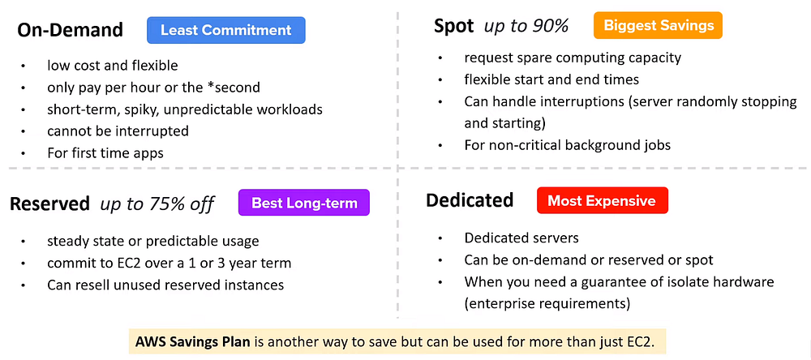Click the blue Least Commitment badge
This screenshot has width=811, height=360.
(x=225, y=30)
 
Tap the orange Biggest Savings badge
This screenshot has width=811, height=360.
(x=657, y=25)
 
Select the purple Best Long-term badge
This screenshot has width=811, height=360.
(x=304, y=203)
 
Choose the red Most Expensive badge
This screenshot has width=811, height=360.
(x=602, y=200)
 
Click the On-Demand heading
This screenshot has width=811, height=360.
(x=71, y=31)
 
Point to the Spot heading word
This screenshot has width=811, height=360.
(x=453, y=26)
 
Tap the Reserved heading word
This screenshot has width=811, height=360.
(x=49, y=204)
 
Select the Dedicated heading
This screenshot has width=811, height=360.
(x=470, y=200)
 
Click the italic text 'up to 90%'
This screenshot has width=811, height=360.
(x=526, y=26)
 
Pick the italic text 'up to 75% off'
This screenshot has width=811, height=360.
(x=157, y=204)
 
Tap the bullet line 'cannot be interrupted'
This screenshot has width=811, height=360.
(x=118, y=131)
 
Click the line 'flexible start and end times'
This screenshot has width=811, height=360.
(x=551, y=79)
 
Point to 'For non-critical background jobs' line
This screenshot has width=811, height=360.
(x=567, y=145)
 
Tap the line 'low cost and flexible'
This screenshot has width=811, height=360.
(x=112, y=66)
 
